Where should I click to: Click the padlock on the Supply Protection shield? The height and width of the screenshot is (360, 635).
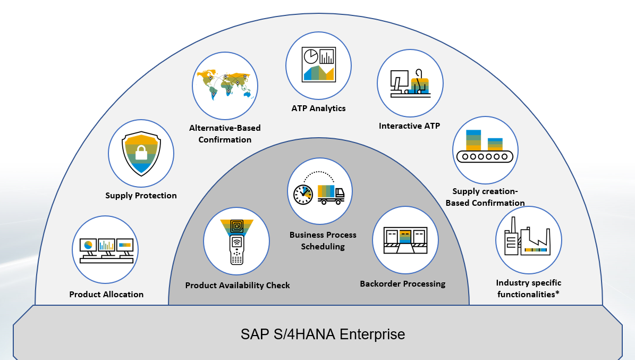click(x=141, y=153)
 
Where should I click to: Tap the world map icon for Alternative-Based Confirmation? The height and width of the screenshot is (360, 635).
click(x=225, y=86)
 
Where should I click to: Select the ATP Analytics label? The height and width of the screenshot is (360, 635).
click(x=318, y=108)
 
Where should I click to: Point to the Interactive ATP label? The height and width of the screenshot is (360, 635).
click(x=409, y=126)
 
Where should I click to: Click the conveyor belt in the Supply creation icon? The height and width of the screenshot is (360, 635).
click(x=485, y=156)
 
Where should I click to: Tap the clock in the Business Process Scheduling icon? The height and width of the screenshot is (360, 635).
click(x=303, y=195)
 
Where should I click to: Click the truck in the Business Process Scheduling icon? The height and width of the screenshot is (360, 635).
click(x=331, y=194)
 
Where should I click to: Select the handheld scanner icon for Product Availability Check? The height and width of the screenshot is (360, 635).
click(x=236, y=241)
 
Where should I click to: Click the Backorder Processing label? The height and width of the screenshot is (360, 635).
click(x=402, y=284)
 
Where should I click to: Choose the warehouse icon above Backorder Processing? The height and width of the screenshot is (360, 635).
click(x=405, y=240)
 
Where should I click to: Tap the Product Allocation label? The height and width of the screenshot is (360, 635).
click(x=106, y=295)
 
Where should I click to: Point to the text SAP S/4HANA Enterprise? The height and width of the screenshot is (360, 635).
click(x=323, y=334)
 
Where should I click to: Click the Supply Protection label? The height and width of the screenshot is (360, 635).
click(x=141, y=196)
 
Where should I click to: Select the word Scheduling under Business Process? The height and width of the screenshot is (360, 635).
click(x=323, y=247)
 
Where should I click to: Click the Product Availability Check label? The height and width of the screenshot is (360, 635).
click(x=238, y=286)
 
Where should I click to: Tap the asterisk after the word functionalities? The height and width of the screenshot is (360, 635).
click(x=557, y=293)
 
